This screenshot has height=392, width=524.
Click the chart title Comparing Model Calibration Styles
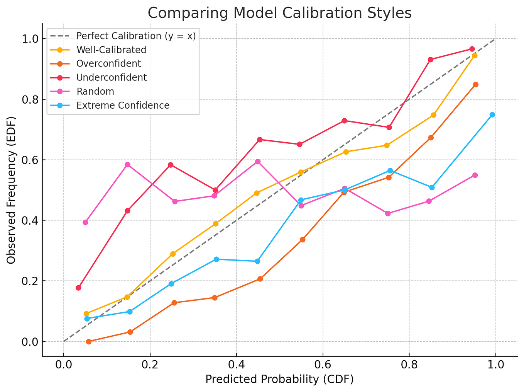tap(279, 13)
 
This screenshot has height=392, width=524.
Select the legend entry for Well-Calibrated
tap(111, 50)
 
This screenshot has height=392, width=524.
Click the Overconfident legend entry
tap(108, 64)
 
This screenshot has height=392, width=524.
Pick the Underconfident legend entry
tap(112, 78)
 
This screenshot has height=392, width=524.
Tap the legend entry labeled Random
tap(95, 92)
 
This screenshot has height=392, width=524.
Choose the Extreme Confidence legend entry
tap(123, 106)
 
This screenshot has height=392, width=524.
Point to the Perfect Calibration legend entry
tap(136, 36)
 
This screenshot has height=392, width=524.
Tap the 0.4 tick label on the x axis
tap(236, 365)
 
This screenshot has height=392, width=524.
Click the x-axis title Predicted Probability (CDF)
tap(279, 380)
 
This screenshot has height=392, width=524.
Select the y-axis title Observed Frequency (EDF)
tap(11, 189)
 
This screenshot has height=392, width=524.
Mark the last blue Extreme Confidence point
tap(492, 115)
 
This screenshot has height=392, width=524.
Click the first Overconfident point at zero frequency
tap(89, 342)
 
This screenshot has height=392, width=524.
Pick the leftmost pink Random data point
tap(85, 222)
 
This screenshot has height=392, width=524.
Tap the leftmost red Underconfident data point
tap(78, 288)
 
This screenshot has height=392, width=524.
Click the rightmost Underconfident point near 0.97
tap(472, 49)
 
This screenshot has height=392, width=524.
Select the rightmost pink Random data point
tap(475, 175)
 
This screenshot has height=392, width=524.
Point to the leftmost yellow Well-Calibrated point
tap(86, 314)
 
